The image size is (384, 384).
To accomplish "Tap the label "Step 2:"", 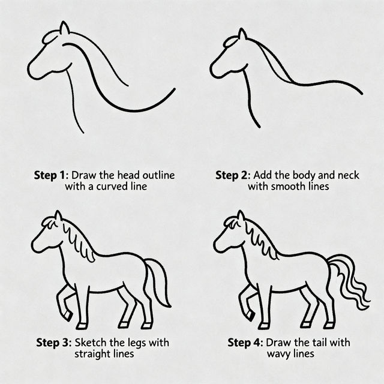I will pos(233,176).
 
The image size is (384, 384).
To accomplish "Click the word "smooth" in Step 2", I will pos(287,187).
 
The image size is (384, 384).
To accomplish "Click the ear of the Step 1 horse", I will pos(64,28).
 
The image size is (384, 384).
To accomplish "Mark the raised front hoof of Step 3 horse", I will pos(68,314).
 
